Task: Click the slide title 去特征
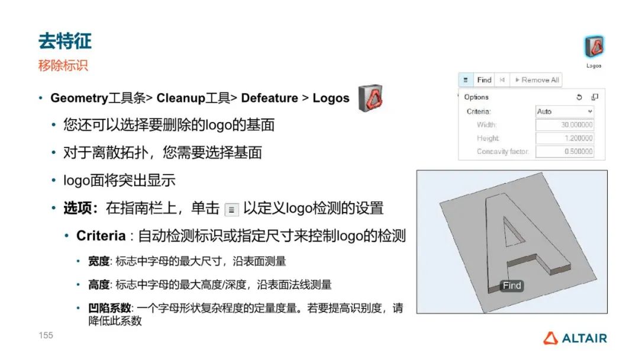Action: coord(65,41)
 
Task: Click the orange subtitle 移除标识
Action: coord(63,65)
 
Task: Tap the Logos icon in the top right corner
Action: coord(594,46)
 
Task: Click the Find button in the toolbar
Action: coord(484,80)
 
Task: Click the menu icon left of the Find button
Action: coord(466,80)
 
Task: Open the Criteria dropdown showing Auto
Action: coord(564,111)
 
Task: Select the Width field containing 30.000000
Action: coord(564,125)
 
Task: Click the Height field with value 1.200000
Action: coord(564,138)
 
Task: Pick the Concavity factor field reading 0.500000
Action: coord(564,151)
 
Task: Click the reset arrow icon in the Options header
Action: coord(579,97)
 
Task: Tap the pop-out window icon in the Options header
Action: coord(595,97)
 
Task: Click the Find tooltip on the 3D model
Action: coord(512,285)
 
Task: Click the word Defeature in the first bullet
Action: coord(269,98)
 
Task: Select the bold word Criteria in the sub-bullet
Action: coord(101,236)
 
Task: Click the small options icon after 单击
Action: coord(231,210)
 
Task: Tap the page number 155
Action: coord(46,335)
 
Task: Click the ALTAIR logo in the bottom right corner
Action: coord(575,338)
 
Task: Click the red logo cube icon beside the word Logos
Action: coord(370,98)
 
